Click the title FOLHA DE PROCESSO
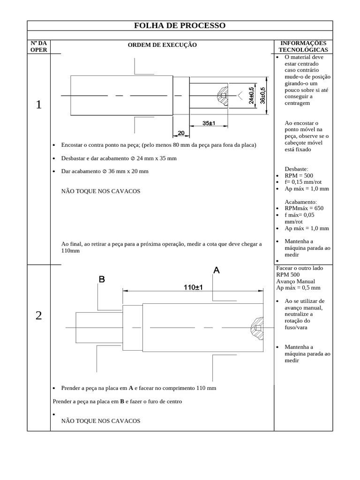(x=180, y=25)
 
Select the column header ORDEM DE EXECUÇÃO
(x=163, y=45)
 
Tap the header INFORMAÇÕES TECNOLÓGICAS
(x=303, y=46)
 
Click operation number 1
(x=38, y=105)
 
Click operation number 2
(x=38, y=315)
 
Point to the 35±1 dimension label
(x=209, y=123)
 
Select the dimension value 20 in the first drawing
(x=180, y=133)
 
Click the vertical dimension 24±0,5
(x=251, y=96)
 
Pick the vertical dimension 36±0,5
(x=262, y=96)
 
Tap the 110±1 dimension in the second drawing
(x=193, y=288)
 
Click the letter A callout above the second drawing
(x=217, y=270)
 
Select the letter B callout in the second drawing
(x=101, y=279)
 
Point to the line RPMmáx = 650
(x=304, y=208)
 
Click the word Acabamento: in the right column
(x=301, y=202)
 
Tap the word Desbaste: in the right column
(x=296, y=169)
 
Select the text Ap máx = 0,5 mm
(x=298, y=288)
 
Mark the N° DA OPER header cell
(x=38, y=46)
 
